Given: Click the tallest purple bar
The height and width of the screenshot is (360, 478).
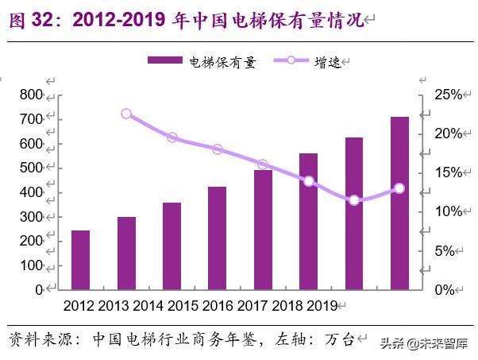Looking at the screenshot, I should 399,203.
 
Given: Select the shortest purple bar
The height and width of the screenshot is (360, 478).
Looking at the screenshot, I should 81,260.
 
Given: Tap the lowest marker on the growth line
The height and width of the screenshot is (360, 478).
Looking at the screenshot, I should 354,200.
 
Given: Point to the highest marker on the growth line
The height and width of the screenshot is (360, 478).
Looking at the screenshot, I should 126,114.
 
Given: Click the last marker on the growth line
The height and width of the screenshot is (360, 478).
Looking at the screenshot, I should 399,188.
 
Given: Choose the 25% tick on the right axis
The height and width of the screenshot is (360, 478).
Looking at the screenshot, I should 448,95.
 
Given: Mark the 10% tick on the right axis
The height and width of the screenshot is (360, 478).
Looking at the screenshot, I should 448,211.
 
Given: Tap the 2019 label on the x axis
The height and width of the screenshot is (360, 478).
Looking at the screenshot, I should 322,306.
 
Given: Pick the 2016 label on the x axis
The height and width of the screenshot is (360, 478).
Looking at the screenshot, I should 218,306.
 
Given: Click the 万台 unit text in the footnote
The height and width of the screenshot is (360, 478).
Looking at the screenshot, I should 338,339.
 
